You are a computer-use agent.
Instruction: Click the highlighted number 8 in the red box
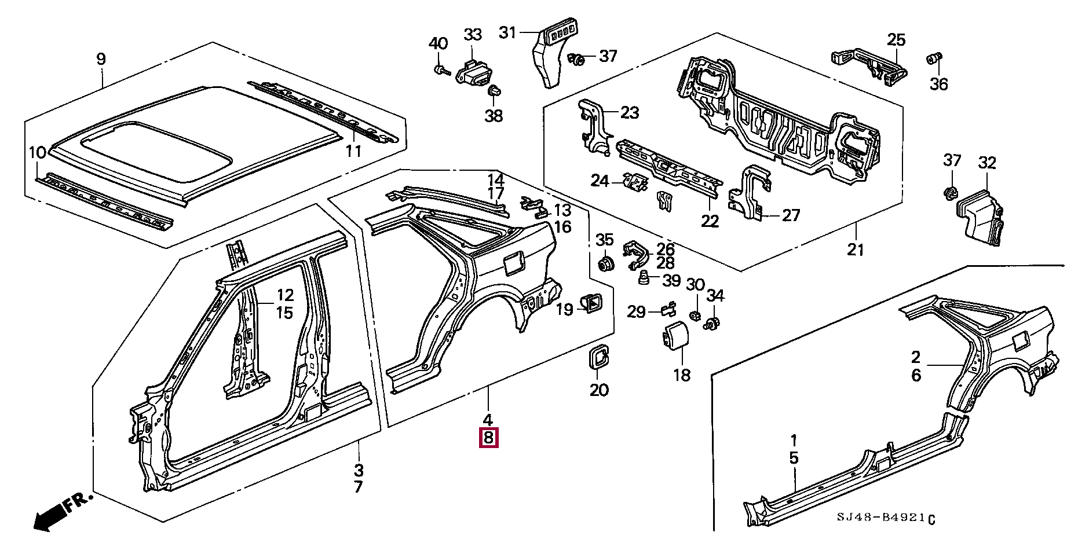click(488, 438)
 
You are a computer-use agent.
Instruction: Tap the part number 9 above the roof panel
click(101, 59)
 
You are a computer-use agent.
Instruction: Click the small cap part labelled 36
click(934, 59)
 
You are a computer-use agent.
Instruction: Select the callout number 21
click(856, 250)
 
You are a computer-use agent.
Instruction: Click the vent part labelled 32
click(980, 217)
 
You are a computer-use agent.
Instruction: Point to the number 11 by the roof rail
click(353, 152)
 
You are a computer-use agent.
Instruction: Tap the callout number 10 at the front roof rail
click(37, 153)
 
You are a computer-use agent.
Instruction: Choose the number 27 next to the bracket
click(791, 215)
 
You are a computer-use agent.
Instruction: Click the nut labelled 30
click(695, 315)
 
